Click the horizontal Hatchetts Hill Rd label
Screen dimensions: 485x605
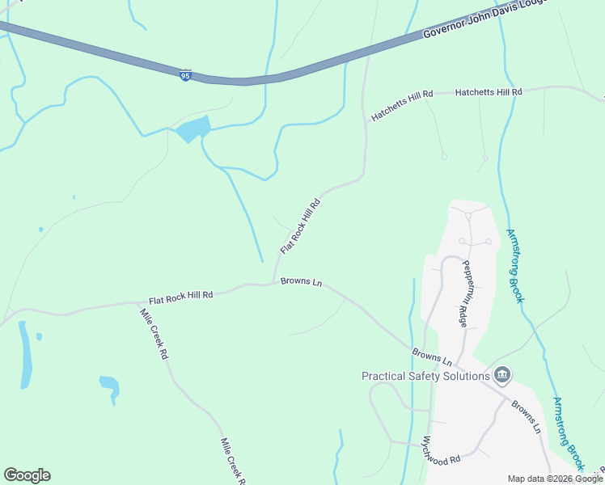tap(489, 93)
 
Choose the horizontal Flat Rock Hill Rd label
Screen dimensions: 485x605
tap(180, 296)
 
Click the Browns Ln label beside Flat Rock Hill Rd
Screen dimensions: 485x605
tap(301, 282)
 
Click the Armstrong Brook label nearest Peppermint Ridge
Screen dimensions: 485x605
tap(515, 266)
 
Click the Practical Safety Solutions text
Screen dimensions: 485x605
tap(425, 375)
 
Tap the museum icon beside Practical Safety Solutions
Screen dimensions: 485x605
tap(502, 374)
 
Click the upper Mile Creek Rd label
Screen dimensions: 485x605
tap(154, 334)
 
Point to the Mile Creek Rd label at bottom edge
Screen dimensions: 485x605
tap(232, 462)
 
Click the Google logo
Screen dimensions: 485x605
tap(27, 475)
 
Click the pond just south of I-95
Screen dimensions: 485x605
tap(192, 129)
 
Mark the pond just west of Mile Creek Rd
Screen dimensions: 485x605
tap(109, 386)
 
